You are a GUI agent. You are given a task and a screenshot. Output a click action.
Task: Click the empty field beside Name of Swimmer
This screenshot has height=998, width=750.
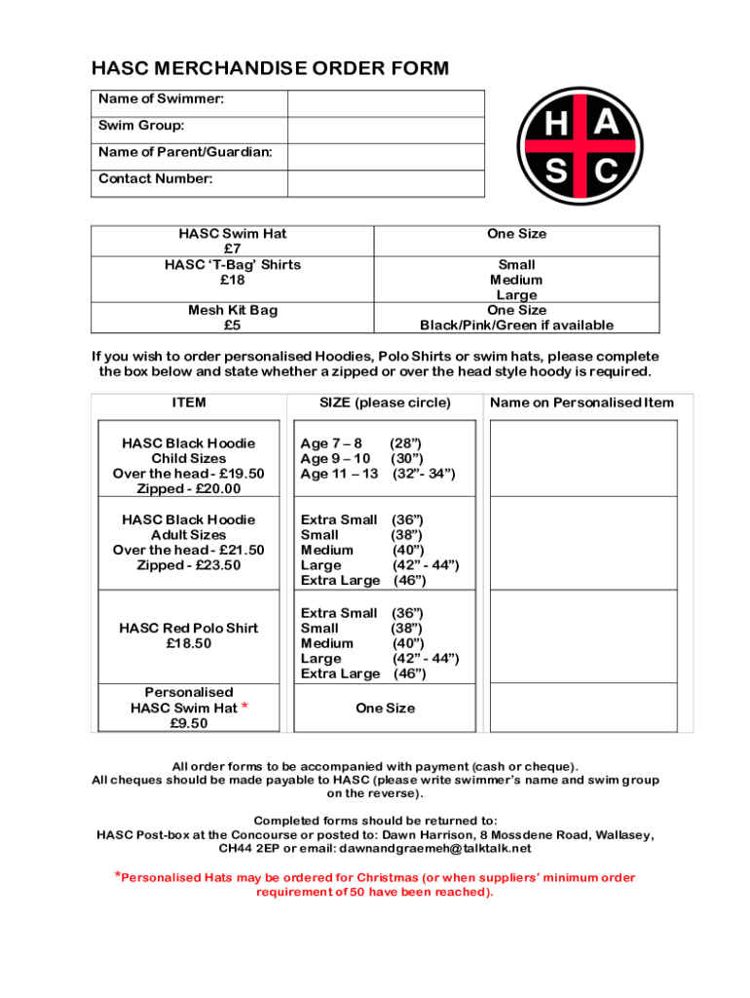pyautogui.click(x=386, y=103)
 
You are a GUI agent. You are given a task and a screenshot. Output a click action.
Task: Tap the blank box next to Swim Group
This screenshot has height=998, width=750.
pyautogui.click(x=386, y=130)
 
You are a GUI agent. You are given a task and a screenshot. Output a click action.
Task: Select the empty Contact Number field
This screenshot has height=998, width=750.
pyautogui.click(x=386, y=183)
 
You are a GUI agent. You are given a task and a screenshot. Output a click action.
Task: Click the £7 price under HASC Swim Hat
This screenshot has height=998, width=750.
pyautogui.click(x=232, y=249)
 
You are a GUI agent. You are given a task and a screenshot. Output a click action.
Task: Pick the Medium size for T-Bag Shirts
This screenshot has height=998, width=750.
pyautogui.click(x=516, y=280)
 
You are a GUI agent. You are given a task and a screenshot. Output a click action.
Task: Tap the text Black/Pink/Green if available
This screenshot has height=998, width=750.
pyautogui.click(x=516, y=326)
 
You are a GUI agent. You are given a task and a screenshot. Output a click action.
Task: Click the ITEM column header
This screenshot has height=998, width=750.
pyautogui.click(x=189, y=403)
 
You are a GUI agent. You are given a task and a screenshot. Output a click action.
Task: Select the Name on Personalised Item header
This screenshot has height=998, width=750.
pyautogui.click(x=581, y=403)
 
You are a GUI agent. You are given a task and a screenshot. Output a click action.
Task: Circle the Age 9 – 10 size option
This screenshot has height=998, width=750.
pyautogui.click(x=336, y=459)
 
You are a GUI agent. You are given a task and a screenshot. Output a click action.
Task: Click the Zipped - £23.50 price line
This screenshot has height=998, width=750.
pyautogui.click(x=189, y=565)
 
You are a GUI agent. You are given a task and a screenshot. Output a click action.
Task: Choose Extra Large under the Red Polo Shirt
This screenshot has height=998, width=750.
pyautogui.click(x=340, y=673)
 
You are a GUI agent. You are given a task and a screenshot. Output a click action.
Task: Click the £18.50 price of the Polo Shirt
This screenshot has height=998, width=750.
pyautogui.click(x=189, y=643)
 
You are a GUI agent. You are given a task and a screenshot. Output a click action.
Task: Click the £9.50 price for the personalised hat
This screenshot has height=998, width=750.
pyautogui.click(x=189, y=723)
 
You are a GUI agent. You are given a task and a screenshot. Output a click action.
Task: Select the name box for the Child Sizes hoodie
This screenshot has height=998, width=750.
pyautogui.click(x=582, y=458)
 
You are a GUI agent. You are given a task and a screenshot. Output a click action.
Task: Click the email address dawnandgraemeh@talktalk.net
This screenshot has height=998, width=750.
pyautogui.click(x=435, y=849)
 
